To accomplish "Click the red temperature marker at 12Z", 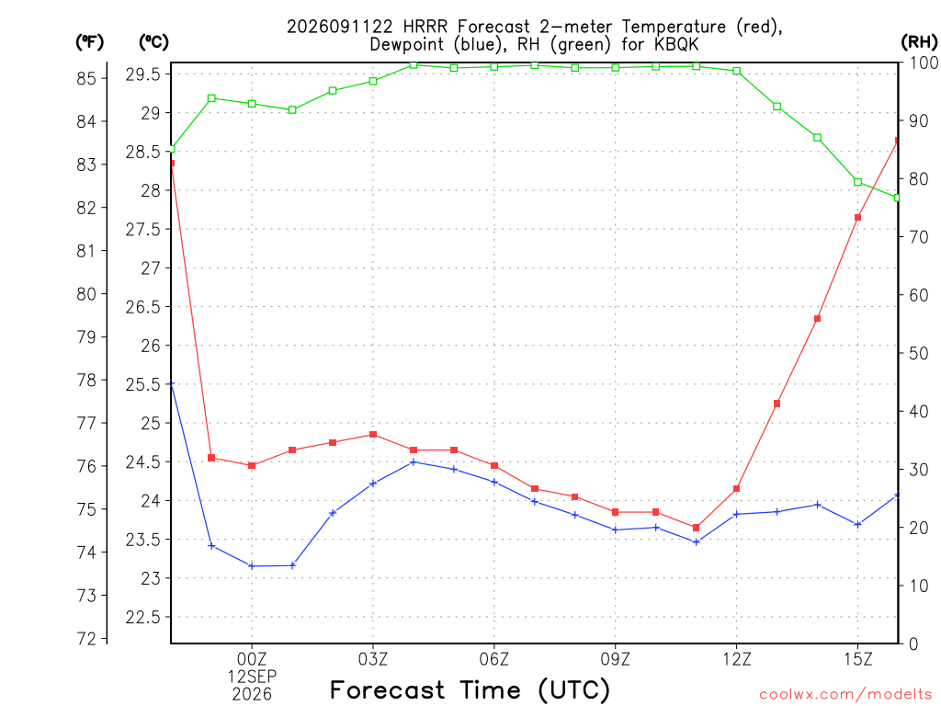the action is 736,489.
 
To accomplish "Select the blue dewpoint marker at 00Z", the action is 252,565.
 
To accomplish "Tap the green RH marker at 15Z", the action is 857,182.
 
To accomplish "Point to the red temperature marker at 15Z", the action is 857,217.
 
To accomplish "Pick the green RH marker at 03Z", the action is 373,81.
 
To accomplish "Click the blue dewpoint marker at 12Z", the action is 736,514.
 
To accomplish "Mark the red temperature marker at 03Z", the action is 373,435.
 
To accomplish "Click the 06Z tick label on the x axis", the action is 493,659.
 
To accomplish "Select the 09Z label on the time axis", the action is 615,659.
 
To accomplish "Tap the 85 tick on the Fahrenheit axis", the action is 86,78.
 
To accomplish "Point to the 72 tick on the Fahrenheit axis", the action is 86,638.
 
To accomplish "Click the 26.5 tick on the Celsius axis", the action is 142,307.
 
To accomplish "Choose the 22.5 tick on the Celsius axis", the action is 142,617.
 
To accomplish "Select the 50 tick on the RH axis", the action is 918,353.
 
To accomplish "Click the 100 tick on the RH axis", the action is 924,63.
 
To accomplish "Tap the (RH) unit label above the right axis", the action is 919,42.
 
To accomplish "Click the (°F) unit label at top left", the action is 89,42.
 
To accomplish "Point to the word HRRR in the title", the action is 425,27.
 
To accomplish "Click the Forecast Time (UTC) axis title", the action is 470,689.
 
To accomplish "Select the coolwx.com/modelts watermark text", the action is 845,694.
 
